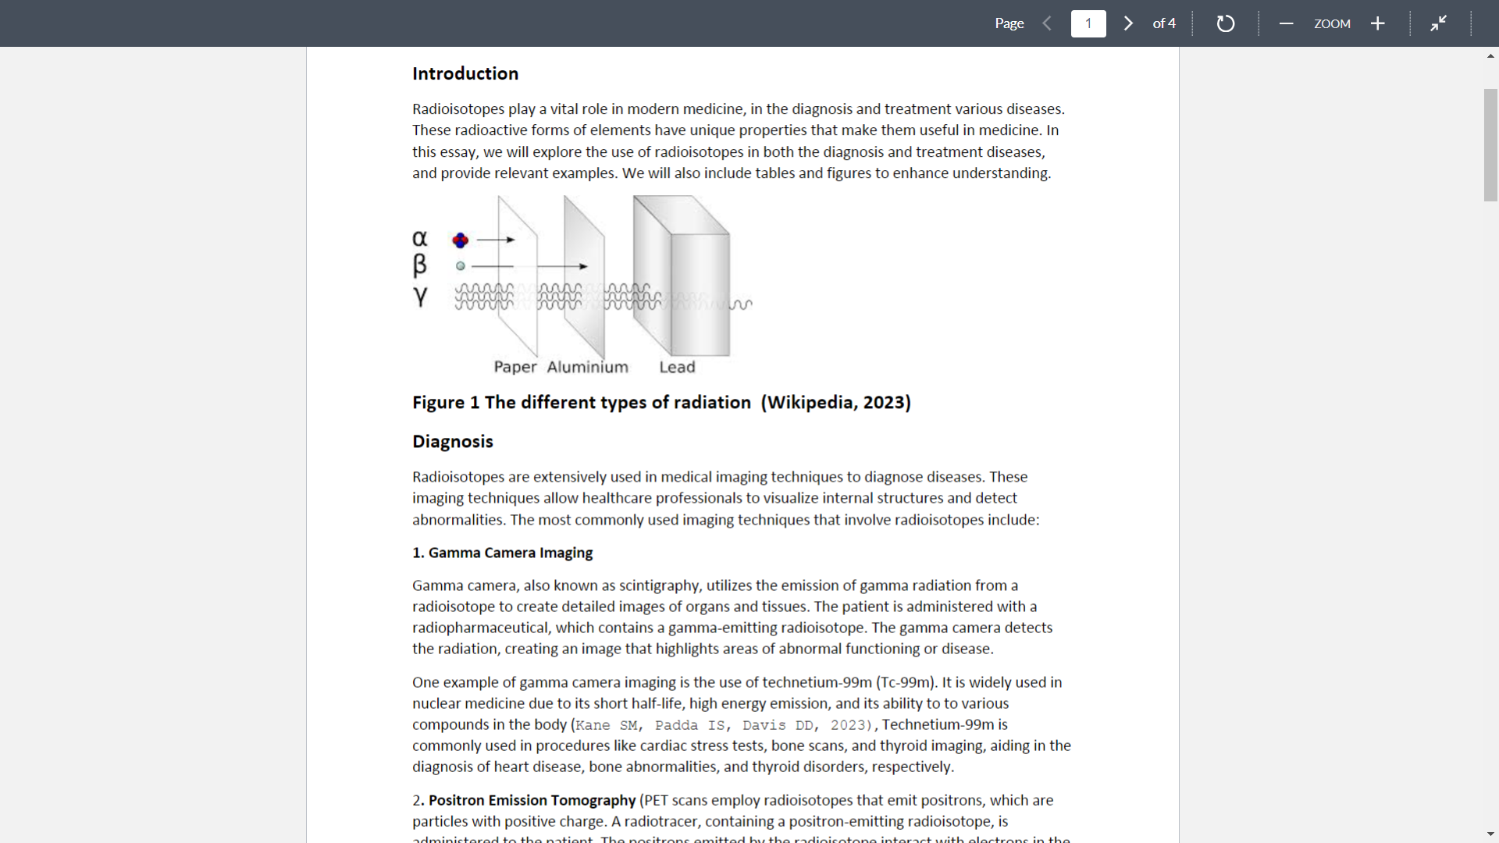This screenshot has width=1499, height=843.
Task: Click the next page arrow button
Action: tap(1128, 23)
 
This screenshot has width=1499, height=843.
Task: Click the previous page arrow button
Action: tap(1047, 23)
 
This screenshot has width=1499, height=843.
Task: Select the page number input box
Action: tap(1088, 23)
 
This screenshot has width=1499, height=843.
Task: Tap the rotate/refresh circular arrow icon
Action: tap(1225, 23)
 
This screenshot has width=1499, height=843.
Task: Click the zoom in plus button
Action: tap(1378, 23)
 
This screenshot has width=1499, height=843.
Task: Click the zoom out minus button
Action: tap(1286, 23)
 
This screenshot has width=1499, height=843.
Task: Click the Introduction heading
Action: tap(465, 73)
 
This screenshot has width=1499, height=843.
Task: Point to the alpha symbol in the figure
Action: tap(420, 237)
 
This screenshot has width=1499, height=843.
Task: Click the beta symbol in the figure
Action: tap(420, 265)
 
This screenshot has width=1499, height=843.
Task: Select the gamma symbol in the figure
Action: tap(420, 297)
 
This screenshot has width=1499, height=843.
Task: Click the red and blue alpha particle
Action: tap(461, 240)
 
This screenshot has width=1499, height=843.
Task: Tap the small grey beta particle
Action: tap(461, 266)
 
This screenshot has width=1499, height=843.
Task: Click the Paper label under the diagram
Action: tap(515, 367)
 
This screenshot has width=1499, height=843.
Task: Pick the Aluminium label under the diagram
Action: tap(587, 367)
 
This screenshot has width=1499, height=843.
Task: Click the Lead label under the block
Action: tap(677, 367)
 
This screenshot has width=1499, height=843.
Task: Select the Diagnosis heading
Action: tap(453, 442)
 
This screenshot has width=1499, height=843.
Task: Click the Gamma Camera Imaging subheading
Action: tap(511, 553)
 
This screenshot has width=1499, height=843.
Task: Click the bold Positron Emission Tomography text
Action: tap(532, 800)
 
